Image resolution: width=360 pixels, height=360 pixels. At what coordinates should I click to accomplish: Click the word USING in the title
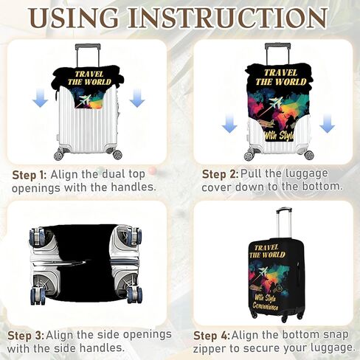pos(74,18)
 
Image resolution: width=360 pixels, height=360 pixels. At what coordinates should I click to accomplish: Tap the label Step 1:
pos(30,175)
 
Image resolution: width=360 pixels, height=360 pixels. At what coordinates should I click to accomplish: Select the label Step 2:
pos(220,174)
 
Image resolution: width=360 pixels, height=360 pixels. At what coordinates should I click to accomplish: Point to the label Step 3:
pos(26,336)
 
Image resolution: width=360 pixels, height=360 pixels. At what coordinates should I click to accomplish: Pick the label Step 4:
pos(212,336)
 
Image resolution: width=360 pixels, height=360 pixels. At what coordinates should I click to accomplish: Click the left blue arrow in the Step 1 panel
pos(40,98)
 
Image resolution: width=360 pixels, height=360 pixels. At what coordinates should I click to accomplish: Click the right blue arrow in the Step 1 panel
pos(137,98)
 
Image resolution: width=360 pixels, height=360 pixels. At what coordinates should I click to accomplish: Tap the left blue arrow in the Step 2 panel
pos(229,124)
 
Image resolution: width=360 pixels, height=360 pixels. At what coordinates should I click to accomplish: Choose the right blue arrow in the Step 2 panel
pos(328,124)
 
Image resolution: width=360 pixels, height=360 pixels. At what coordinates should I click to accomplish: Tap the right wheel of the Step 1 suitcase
pos(117,154)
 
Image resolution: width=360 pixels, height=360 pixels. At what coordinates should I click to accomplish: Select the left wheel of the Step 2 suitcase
pos(249,156)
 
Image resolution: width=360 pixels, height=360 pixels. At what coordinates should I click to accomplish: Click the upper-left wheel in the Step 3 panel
pos(37,237)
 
